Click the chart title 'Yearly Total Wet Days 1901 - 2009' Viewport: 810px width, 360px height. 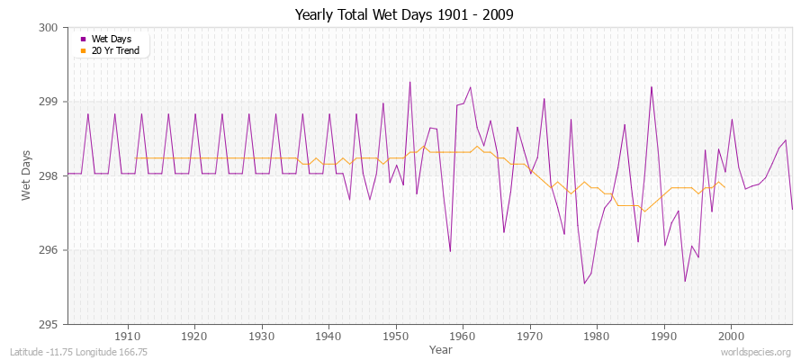(x=405, y=15)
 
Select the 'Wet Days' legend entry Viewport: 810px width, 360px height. (x=110, y=39)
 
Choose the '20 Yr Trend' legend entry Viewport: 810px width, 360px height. (x=113, y=50)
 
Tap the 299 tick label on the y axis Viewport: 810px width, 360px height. (x=49, y=102)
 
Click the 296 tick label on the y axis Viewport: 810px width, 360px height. (x=49, y=250)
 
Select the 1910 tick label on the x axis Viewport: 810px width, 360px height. (x=128, y=336)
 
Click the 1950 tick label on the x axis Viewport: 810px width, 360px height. (x=396, y=336)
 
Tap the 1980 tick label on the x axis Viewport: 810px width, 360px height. (x=597, y=336)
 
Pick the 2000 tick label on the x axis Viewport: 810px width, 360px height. (x=731, y=336)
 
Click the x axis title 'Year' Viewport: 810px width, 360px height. (x=441, y=348)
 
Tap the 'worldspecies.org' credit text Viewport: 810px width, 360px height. (x=756, y=352)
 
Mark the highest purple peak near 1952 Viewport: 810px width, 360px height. (x=409, y=82)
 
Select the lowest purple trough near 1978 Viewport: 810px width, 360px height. (x=584, y=283)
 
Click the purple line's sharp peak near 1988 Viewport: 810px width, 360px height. (x=652, y=86)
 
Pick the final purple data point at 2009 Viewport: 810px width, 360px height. (x=792, y=210)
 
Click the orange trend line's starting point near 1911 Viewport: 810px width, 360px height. (x=135, y=158)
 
